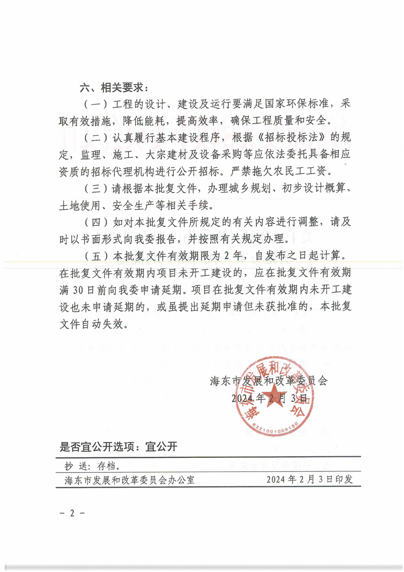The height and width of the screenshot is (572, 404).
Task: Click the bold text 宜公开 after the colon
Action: coord(160,448)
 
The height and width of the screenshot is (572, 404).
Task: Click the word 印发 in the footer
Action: coord(352,480)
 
